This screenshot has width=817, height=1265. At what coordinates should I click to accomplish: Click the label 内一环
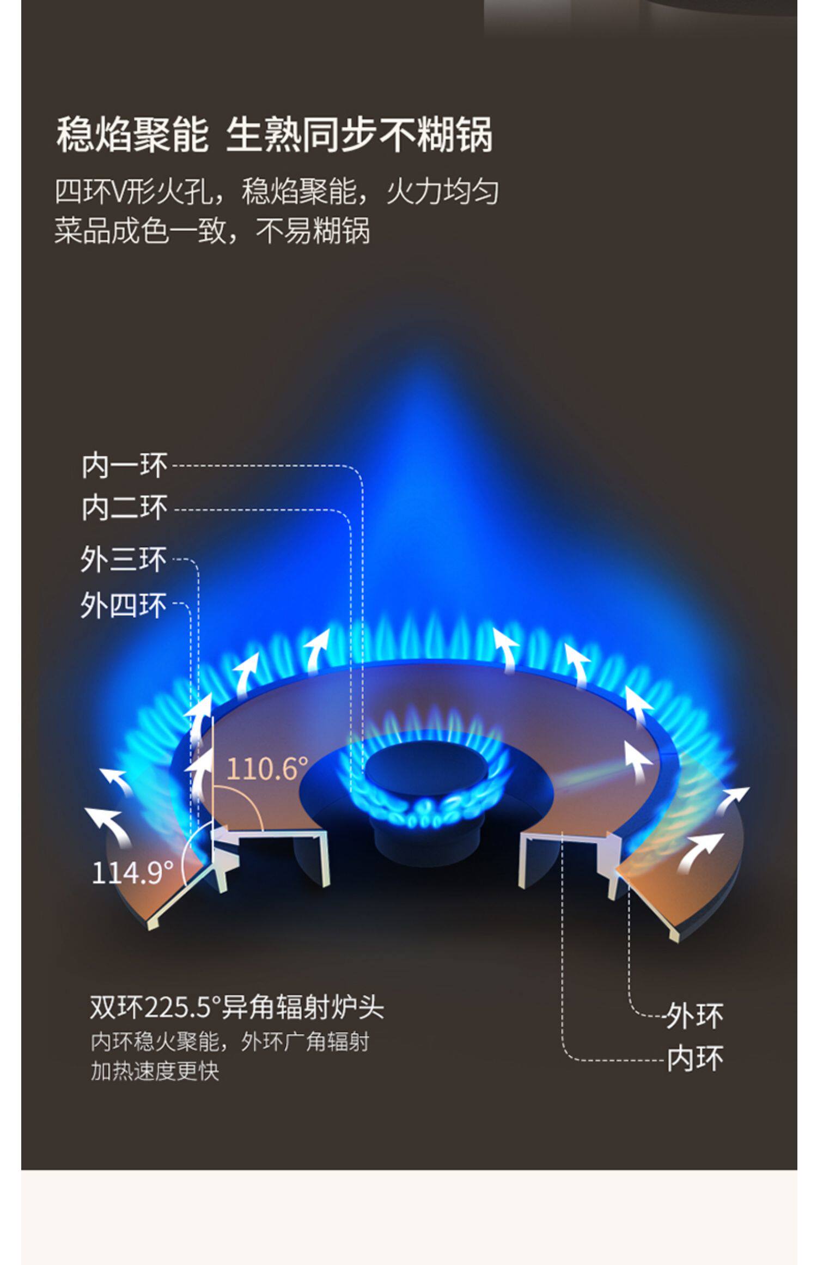[124, 466]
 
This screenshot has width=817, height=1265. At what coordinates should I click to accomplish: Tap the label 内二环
[124, 508]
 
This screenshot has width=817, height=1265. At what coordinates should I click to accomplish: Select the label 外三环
[124, 559]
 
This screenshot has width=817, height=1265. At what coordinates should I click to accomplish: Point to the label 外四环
[124, 605]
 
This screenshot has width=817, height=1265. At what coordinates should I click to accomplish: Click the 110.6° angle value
[267, 769]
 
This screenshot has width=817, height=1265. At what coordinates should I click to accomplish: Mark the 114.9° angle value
[132, 873]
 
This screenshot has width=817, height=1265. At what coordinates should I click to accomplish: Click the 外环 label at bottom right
[695, 1017]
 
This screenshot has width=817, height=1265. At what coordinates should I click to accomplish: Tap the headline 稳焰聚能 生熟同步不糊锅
[275, 135]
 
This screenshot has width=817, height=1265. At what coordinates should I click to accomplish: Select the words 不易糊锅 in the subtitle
[313, 231]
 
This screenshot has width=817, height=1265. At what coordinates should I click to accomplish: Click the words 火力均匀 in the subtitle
[442, 192]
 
